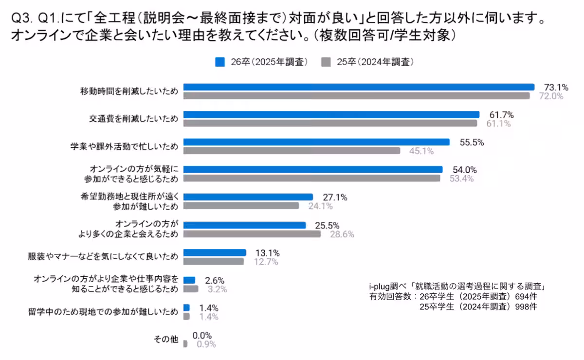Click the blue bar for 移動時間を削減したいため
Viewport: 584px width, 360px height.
(x=359, y=87)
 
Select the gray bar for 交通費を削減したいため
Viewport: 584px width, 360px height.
(x=330, y=123)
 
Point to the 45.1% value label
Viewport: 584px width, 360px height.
(x=421, y=151)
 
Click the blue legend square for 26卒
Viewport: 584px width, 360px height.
(x=219, y=62)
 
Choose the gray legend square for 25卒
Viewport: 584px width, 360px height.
(x=327, y=62)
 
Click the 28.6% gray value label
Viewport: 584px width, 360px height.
(x=342, y=234)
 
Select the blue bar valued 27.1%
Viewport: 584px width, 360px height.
(x=248, y=197)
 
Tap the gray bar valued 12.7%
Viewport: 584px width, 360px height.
(x=213, y=261)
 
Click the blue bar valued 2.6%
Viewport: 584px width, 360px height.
(x=189, y=280)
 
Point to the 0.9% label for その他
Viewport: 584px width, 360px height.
(x=206, y=344)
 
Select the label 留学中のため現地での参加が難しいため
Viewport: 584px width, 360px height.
(x=103, y=312)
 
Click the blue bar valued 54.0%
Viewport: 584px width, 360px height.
(x=313, y=169)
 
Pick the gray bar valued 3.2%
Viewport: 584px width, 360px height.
(x=191, y=289)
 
